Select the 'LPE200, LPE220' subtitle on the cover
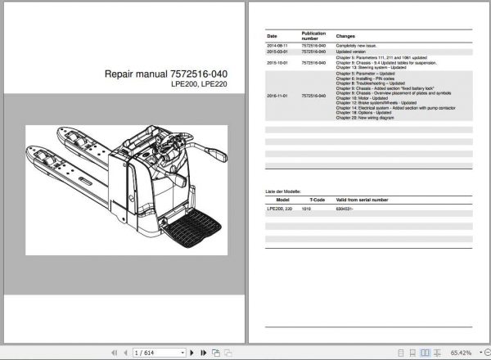(x=194, y=85)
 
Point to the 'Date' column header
(x=272, y=36)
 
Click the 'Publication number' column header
(x=313, y=36)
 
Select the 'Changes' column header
(x=345, y=36)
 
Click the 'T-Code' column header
(x=317, y=198)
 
